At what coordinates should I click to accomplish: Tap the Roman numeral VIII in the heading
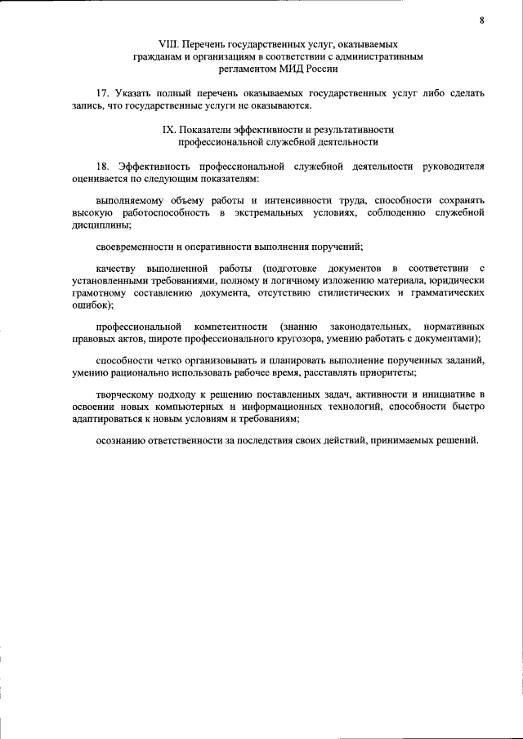(x=168, y=44)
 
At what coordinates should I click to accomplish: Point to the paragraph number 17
(x=102, y=94)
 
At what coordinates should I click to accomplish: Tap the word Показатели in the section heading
(x=208, y=129)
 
